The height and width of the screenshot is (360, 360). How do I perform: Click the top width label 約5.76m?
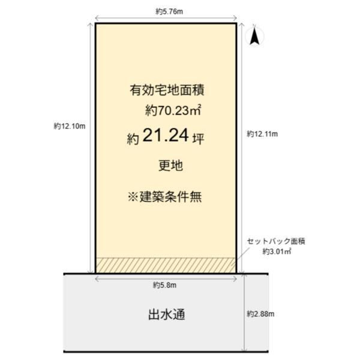[x=169, y=11]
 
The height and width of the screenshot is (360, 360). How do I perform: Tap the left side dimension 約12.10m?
[x=70, y=126]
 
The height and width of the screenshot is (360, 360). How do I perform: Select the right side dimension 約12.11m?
[x=262, y=134]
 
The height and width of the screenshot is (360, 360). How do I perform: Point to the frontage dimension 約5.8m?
[x=164, y=285]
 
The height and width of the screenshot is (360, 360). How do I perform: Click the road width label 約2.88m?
[x=260, y=314]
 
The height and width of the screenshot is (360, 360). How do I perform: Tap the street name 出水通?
[x=167, y=314]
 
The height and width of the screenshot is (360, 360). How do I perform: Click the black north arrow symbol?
[x=254, y=35]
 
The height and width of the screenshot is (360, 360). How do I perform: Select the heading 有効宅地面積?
[x=167, y=90]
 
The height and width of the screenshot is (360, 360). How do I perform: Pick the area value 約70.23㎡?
[x=173, y=110]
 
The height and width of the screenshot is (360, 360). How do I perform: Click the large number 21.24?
[x=166, y=135]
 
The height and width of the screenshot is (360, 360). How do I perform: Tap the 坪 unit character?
[x=198, y=139]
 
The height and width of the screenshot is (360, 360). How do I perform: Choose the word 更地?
[x=170, y=166]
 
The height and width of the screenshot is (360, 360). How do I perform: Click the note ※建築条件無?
[x=165, y=197]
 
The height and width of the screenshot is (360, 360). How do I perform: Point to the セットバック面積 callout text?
[x=276, y=241]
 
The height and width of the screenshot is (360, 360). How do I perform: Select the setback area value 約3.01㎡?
[x=277, y=251]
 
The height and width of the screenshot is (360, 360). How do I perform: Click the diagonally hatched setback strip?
[x=166, y=265]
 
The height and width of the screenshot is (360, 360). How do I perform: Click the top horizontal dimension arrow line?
[x=166, y=18]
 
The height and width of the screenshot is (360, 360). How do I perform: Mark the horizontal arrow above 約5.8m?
[x=166, y=279]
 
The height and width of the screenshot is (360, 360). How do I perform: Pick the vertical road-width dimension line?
[x=245, y=313]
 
